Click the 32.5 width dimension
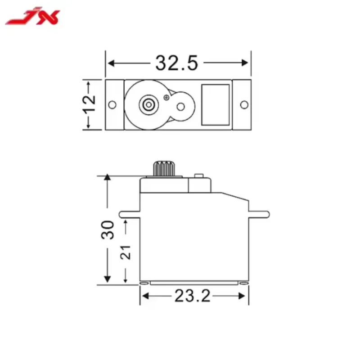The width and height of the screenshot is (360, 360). click(177, 63)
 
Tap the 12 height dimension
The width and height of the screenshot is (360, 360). click(90, 104)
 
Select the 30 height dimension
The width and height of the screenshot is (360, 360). click(108, 229)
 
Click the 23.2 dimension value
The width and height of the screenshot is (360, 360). click(192, 296)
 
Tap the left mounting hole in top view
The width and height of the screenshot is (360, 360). click(112, 105)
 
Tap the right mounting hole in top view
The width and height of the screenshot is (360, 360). click(244, 105)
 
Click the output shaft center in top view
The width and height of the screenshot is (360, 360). click(148, 104)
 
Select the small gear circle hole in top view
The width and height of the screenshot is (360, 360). click(181, 107)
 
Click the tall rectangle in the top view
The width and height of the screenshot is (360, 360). click(216, 104)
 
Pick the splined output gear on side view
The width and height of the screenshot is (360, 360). click(163, 168)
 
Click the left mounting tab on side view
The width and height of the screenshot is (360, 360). click(129, 213)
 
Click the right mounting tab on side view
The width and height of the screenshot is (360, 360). click(258, 213)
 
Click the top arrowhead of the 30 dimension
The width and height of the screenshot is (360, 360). click(108, 178)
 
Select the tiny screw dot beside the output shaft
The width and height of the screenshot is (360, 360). click(167, 97)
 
